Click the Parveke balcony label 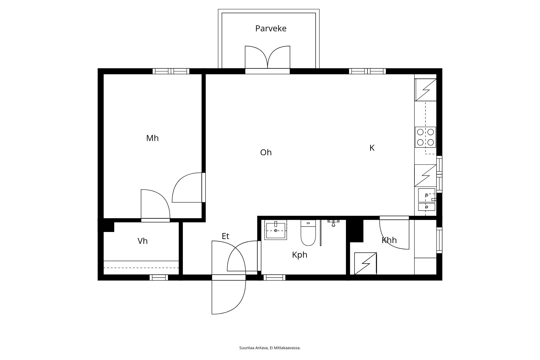(x=271, y=29)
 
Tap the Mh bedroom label (x=152, y=138)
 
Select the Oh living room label (x=266, y=153)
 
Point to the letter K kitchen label (x=372, y=148)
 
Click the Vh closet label (x=143, y=241)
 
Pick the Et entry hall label (x=225, y=236)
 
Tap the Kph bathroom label (x=300, y=255)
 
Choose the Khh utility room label (x=389, y=240)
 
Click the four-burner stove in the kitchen (x=426, y=137)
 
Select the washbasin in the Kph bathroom (x=276, y=230)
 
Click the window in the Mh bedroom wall (x=171, y=71)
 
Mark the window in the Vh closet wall (x=159, y=278)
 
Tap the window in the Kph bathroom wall (x=275, y=278)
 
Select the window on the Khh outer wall (x=439, y=240)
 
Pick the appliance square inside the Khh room (x=366, y=264)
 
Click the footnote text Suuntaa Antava (x=254, y=348)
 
